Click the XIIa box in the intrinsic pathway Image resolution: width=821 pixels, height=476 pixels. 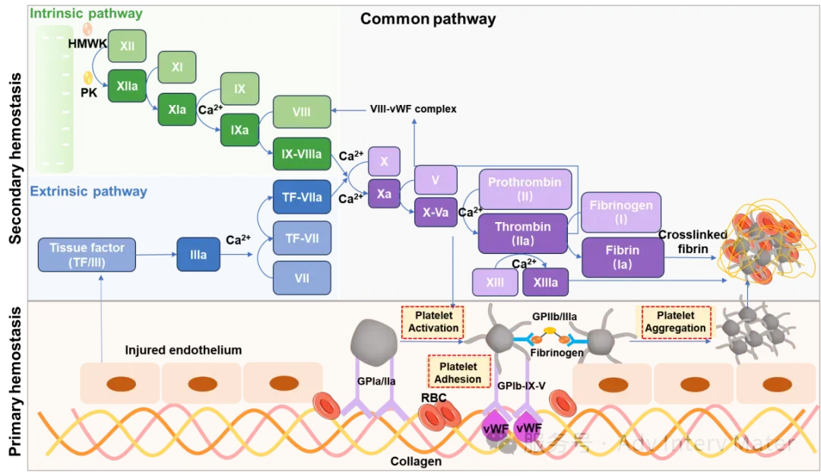[127, 86]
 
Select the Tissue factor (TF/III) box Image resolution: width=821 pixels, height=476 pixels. [87, 255]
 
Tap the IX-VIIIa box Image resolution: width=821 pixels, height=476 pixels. [302, 154]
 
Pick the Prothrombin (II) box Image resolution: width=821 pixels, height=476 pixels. [525, 189]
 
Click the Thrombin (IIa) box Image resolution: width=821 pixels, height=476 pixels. [523, 233]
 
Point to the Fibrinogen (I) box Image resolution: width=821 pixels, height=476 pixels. [621, 211]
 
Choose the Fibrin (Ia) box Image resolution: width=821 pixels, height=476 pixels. [622, 257]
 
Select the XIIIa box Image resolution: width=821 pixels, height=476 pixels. [545, 282]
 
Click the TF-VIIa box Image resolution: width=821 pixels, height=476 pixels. [302, 197]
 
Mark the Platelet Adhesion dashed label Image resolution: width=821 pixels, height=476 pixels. [458, 373]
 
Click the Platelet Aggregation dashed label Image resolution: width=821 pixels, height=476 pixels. [676, 322]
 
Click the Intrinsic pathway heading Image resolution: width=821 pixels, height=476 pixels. [86, 13]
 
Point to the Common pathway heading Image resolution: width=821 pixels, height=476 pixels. [428, 19]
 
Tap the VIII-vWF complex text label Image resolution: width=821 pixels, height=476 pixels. [414, 109]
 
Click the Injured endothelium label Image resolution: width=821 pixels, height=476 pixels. [183, 351]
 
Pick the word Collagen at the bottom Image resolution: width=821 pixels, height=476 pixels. [416, 461]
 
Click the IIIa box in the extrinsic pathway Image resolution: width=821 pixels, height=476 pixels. [198, 255]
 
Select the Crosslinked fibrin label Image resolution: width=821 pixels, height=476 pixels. [693, 242]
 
